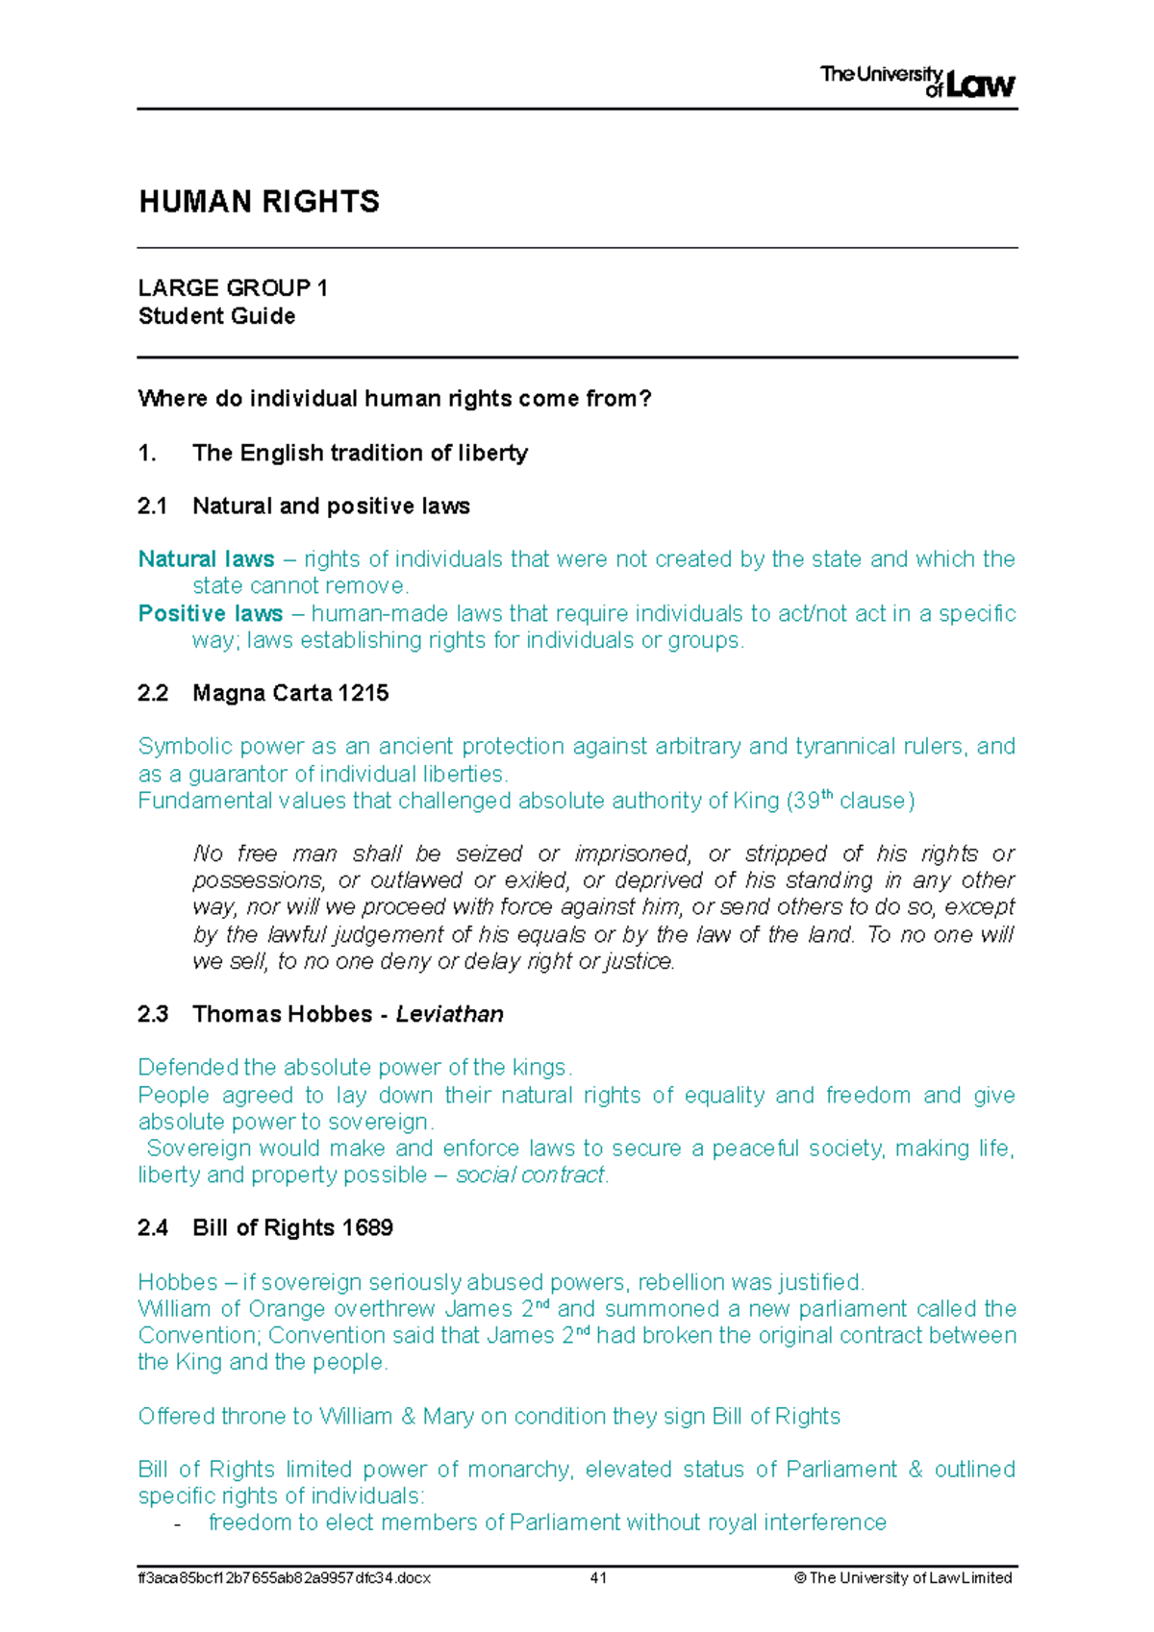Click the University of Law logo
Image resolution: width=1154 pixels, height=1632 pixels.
coord(916,82)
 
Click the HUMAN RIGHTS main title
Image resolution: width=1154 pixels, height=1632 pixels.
coord(260,202)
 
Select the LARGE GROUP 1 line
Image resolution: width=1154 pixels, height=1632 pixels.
coord(233,288)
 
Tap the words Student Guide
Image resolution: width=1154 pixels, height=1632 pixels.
coord(216,316)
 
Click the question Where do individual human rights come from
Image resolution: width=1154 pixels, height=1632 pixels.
coord(394,399)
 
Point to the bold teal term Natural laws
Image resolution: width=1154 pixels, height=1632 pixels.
coord(206,559)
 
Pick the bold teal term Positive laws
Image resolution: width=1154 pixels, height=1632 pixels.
coord(210,613)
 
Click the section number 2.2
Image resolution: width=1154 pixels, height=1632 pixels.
coord(153,693)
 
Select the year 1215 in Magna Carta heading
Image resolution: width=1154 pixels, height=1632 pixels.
coord(363,693)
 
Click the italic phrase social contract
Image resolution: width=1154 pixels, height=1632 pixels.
coord(530,1175)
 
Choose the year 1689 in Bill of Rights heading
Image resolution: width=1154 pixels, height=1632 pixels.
coord(366,1227)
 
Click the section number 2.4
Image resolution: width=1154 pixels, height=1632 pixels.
coord(153,1227)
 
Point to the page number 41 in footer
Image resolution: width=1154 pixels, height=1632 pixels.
coord(598,1578)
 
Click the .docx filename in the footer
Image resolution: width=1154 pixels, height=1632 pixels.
coord(284,1578)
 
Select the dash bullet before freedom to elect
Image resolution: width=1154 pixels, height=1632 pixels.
coord(176,1524)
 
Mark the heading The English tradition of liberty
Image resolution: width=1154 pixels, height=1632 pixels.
coord(360,453)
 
